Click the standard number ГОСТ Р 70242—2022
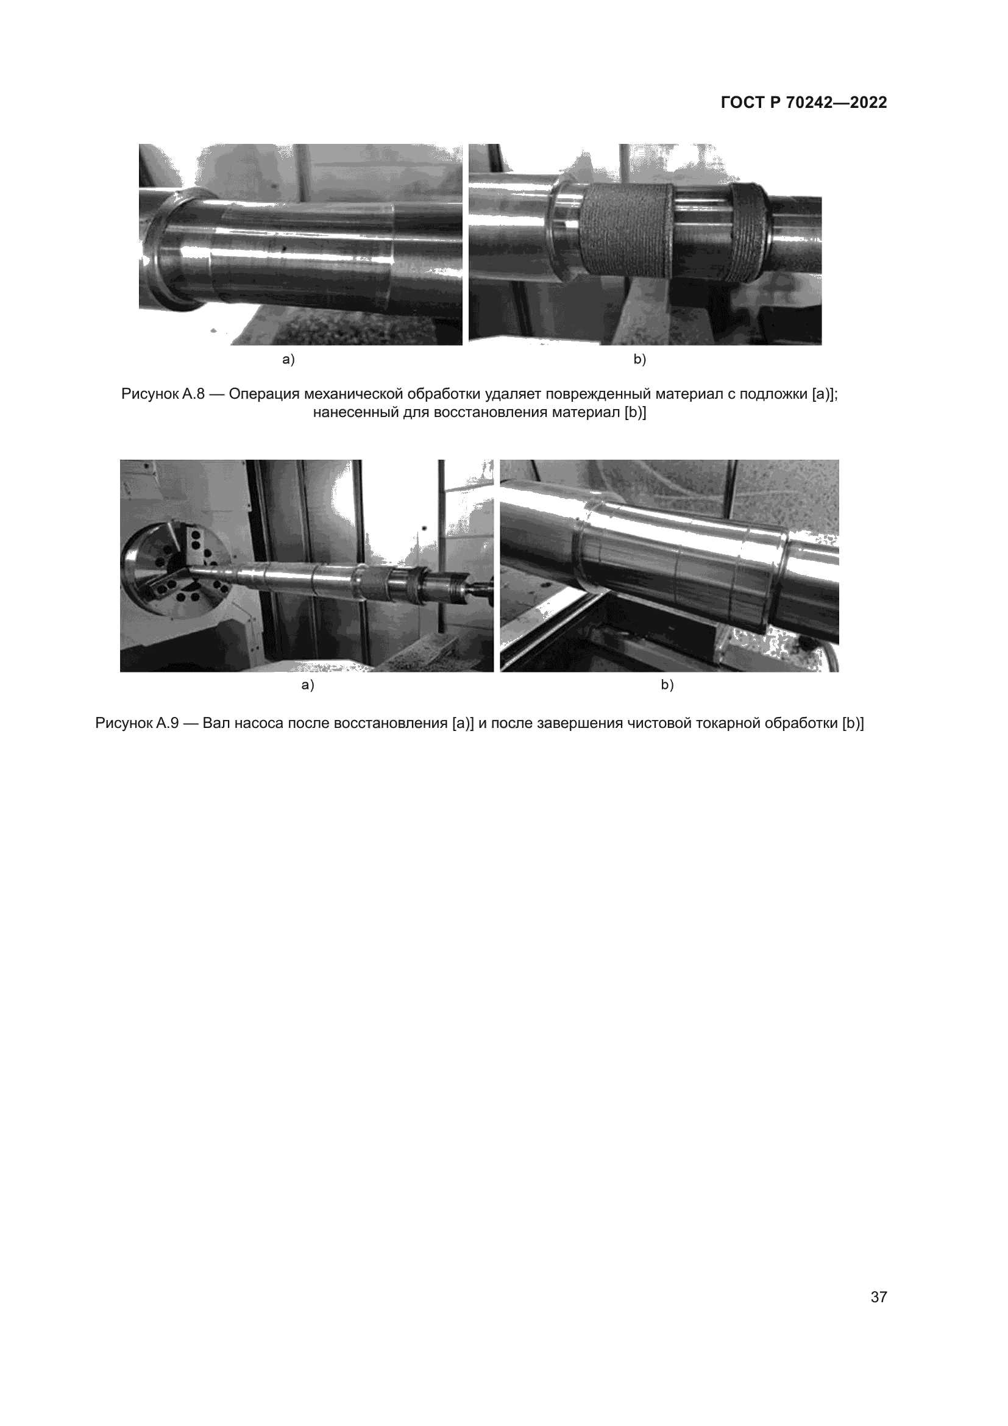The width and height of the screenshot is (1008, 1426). [x=804, y=102]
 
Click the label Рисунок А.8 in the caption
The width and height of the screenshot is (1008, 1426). [x=163, y=394]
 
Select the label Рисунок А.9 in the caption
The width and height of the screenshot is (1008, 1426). [x=137, y=723]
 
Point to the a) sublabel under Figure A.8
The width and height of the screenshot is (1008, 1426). [x=289, y=359]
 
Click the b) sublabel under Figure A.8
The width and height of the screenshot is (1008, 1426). [x=640, y=359]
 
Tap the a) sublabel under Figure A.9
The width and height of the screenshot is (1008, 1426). [x=308, y=685]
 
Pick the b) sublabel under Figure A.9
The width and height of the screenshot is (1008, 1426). [x=667, y=685]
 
